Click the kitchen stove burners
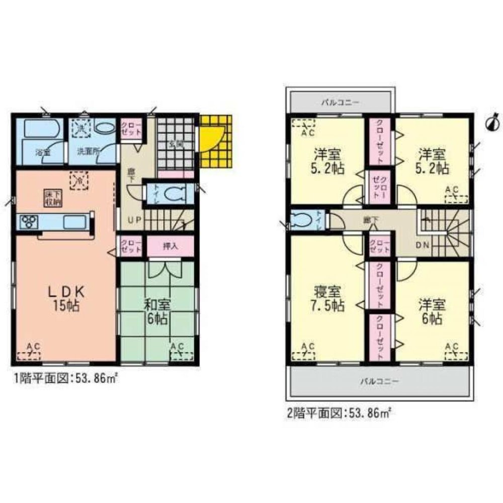click(x=28, y=221)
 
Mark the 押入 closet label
click(x=170, y=246)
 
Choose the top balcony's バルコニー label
click(x=341, y=102)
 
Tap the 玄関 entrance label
click(x=175, y=143)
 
